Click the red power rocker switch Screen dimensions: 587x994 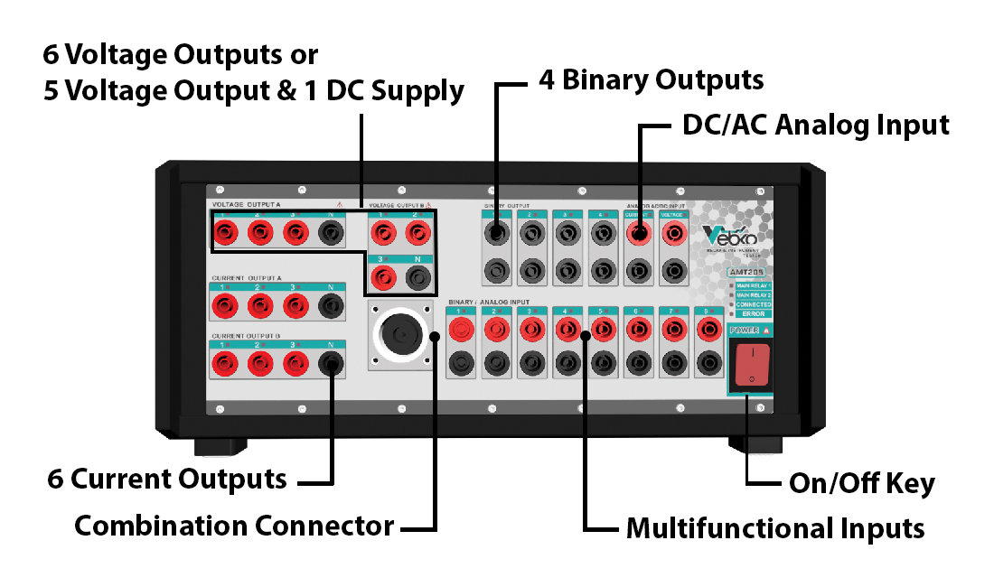tap(749, 366)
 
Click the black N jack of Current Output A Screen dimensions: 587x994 tap(332, 308)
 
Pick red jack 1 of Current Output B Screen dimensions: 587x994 tap(223, 365)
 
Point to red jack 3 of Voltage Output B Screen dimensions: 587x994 tap(384, 277)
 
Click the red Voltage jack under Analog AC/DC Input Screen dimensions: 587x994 tap(672, 234)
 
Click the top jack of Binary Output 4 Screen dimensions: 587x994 tap(602, 234)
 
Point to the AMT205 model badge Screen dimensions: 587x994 tap(750, 271)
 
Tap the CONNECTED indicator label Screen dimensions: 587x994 tap(754, 304)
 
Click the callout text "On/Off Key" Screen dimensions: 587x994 tap(861, 483)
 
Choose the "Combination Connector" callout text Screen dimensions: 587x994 tap(234, 525)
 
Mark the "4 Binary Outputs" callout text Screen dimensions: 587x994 tap(651, 79)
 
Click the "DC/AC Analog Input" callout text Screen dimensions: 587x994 tap(816, 125)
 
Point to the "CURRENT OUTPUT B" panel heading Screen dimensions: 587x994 tap(247, 335)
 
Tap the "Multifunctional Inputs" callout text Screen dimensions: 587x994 tap(775, 527)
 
